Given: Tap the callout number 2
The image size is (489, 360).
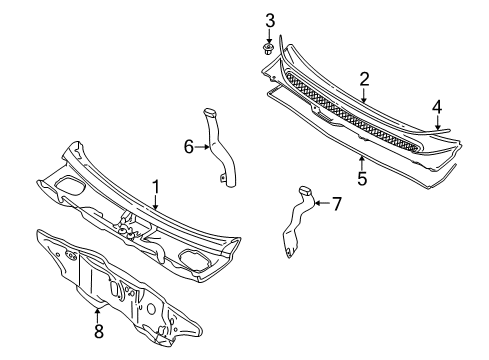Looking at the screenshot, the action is pos(364,80).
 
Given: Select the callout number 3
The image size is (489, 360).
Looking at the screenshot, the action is pos(270,21).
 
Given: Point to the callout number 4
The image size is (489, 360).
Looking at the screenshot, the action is pos(437,107).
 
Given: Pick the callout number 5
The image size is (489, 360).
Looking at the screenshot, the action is pos(362,178).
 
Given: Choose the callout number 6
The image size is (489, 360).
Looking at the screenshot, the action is pos(189,147).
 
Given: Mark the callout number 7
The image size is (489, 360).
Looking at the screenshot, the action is pos(337,204).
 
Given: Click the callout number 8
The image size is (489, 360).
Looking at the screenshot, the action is pos(99,331).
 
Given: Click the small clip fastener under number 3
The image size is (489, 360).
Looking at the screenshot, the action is pos(268,49).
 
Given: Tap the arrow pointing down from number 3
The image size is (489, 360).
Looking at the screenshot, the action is pos(269,36).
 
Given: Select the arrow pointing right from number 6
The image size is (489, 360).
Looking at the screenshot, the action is pos(202,147).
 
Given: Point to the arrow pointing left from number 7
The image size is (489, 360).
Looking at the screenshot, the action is pos(322,203).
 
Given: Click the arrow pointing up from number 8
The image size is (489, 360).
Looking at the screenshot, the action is pos(98,315).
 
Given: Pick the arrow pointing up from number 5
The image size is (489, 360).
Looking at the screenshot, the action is pos(362,163).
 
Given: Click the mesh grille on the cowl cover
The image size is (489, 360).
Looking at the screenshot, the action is pos(352,113).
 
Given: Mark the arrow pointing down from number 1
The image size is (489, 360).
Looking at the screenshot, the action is pos(155,203).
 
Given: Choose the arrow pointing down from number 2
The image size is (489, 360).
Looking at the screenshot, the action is pos(364,95).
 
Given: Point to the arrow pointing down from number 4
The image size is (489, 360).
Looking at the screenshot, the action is pos(438,122).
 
